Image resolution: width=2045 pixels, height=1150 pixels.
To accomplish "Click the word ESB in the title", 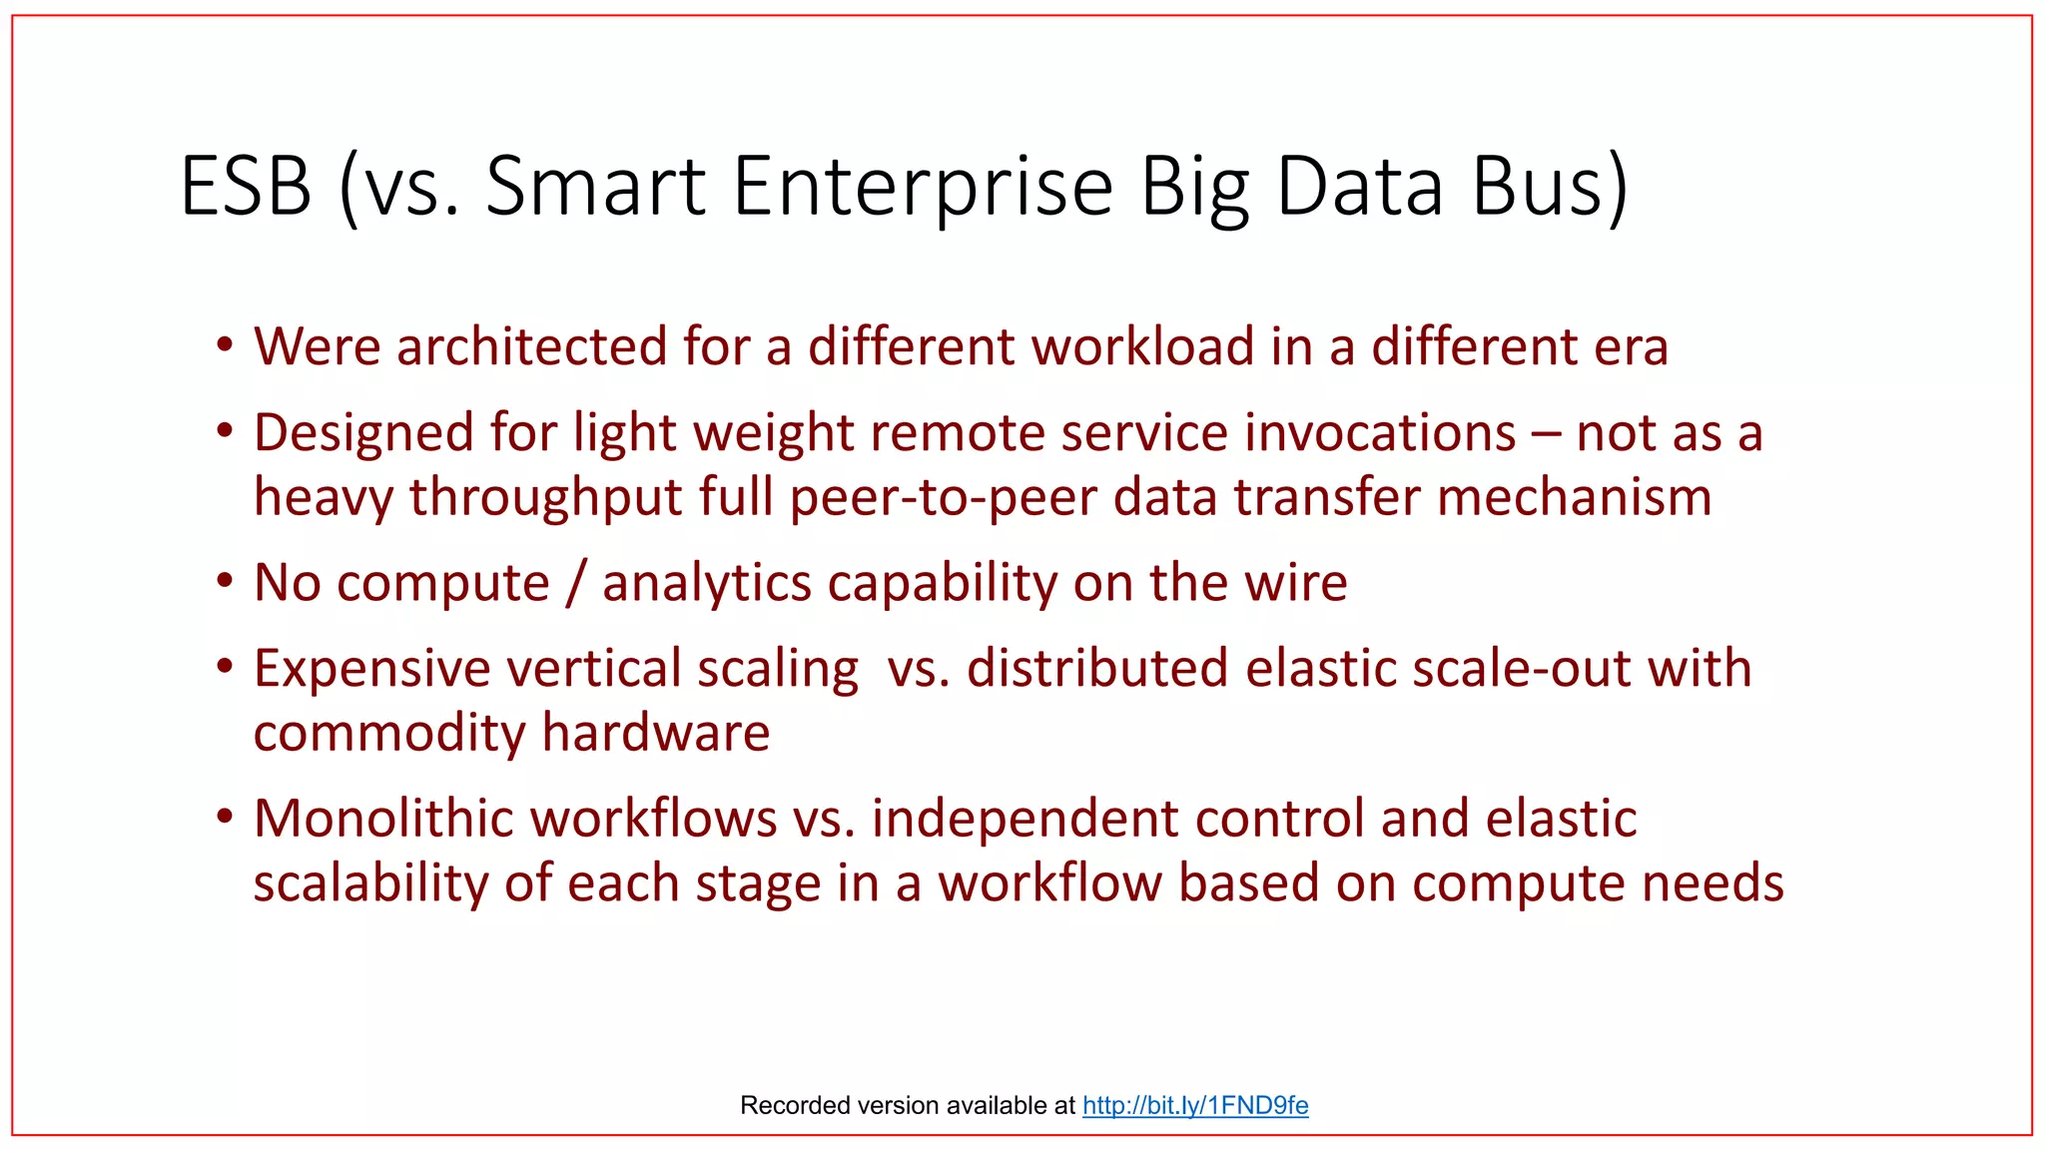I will click(246, 186).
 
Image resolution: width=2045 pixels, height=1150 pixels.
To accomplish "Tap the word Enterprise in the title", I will click(923, 186).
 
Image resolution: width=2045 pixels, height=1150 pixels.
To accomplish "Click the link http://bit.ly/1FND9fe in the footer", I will click(1195, 1105).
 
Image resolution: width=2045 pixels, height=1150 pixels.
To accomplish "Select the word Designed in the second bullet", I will click(363, 433).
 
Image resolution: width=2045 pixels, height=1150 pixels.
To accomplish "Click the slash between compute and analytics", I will click(575, 583).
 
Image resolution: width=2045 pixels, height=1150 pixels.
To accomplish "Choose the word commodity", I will click(389, 734).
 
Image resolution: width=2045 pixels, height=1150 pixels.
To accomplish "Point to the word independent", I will click(1024, 819).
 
